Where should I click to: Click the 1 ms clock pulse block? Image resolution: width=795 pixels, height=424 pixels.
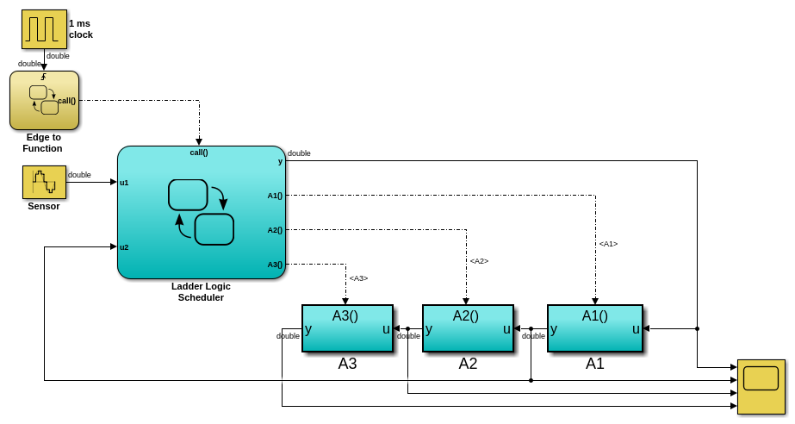pyautogui.click(x=44, y=29)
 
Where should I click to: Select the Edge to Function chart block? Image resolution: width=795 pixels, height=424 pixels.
pyautogui.click(x=44, y=100)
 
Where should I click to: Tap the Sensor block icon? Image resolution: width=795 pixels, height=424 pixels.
pyautogui.click(x=44, y=182)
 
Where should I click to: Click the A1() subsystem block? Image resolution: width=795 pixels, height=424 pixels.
pyautogui.click(x=595, y=328)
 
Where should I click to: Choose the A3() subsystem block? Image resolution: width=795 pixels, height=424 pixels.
pyautogui.click(x=347, y=328)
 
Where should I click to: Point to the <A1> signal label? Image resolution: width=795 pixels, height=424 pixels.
pyautogui.click(x=608, y=244)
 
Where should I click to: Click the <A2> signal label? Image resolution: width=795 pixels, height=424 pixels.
pyautogui.click(x=479, y=261)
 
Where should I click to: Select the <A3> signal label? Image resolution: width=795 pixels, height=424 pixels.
pyautogui.click(x=358, y=278)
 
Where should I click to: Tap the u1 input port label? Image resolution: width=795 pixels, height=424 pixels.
pyautogui.click(x=124, y=183)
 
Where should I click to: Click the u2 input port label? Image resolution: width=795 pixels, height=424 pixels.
pyautogui.click(x=124, y=247)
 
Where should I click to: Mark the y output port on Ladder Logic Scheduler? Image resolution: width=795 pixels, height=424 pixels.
pyautogui.click(x=280, y=161)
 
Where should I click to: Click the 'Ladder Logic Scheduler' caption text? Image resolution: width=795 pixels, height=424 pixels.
pyautogui.click(x=201, y=292)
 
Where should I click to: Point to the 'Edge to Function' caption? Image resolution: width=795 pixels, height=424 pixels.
pyautogui.click(x=44, y=142)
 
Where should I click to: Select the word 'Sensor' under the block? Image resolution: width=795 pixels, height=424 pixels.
pyautogui.click(x=44, y=206)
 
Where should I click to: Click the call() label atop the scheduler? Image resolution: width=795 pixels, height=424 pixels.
pyautogui.click(x=199, y=153)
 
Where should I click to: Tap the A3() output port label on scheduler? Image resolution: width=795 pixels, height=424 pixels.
pyautogui.click(x=275, y=265)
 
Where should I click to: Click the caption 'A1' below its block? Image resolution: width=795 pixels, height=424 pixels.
pyautogui.click(x=595, y=364)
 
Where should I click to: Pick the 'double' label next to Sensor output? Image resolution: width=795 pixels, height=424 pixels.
pyautogui.click(x=79, y=175)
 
